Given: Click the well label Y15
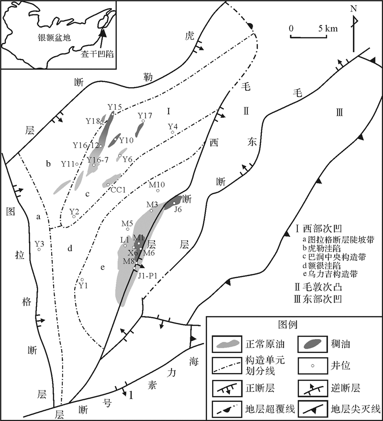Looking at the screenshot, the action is [115, 106].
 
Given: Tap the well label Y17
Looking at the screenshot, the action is [145, 116].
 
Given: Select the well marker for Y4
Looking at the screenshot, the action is [172, 132].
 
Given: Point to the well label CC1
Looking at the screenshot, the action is [118, 190].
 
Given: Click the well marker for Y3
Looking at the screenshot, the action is [40, 249].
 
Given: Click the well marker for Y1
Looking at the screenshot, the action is [82, 280].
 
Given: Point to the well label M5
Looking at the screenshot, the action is [127, 223].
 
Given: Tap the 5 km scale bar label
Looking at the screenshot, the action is [327, 28].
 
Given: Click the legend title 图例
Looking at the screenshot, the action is [290, 325].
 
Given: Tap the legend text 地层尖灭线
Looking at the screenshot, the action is [356, 409].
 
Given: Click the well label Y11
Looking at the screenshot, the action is [68, 164].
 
